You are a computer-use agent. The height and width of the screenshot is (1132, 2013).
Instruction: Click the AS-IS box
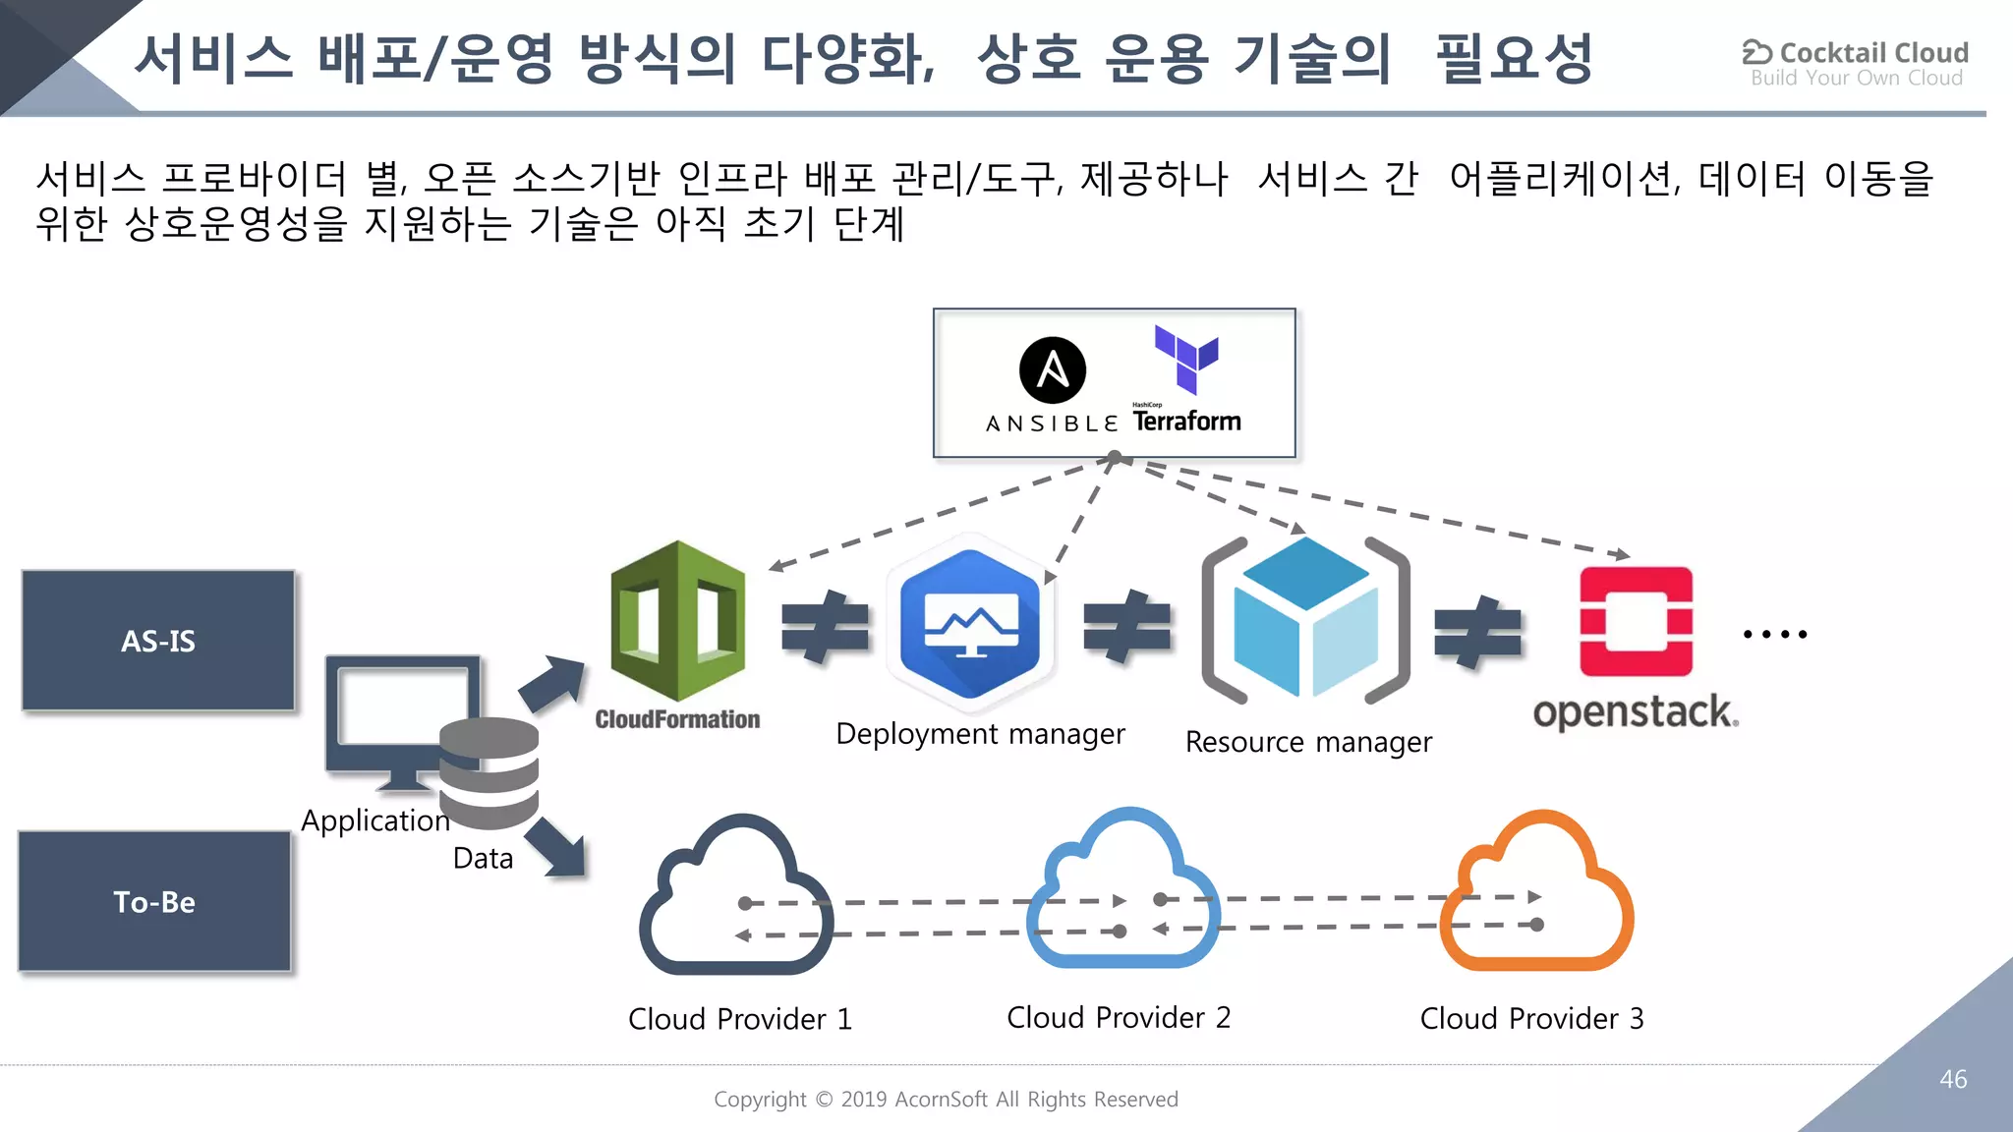tap(158, 641)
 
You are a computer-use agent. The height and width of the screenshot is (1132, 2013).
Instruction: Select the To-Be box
tap(154, 901)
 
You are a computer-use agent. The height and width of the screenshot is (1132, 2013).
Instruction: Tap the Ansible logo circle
tap(1053, 370)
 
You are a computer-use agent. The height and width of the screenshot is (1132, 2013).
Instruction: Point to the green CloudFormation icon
tap(677, 620)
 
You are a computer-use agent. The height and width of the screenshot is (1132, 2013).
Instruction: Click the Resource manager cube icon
tap(1305, 618)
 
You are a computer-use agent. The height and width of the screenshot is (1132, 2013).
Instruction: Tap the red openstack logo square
tap(1636, 621)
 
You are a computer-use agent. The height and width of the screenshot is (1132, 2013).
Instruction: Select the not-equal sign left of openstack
tap(1477, 632)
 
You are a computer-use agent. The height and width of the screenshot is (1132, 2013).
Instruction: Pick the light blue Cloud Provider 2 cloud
tap(1122, 889)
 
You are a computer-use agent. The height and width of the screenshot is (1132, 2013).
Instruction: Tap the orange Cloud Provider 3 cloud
tap(1536, 891)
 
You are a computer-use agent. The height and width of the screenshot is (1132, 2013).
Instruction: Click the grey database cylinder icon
tap(489, 772)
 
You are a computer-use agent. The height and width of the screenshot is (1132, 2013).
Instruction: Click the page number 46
tap(1952, 1079)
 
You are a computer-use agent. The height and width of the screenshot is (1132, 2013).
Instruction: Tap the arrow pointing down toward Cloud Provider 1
tap(557, 846)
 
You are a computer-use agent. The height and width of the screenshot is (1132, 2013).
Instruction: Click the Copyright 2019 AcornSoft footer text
tap(946, 1099)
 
